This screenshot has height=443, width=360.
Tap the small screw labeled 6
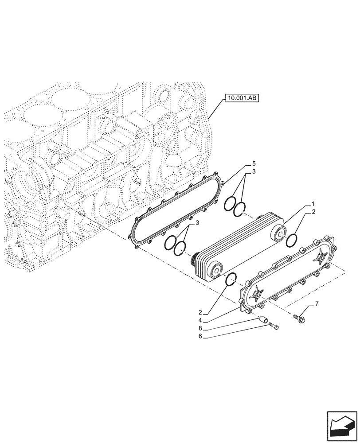(x=274, y=327)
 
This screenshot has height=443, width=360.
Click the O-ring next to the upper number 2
(x=291, y=241)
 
